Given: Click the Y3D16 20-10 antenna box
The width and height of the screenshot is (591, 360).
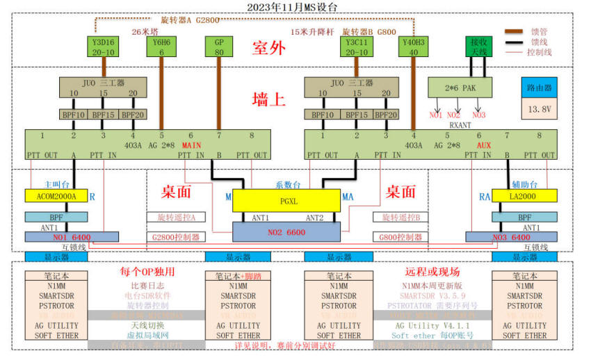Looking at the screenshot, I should coord(104,47).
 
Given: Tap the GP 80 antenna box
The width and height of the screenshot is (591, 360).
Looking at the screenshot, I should coord(218,47).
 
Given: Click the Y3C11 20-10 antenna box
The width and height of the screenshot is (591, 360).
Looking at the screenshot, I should coord(357,47).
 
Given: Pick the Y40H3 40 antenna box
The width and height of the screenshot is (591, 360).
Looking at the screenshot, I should coord(415,47).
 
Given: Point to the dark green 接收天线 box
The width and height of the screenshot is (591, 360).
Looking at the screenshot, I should coord(479,47).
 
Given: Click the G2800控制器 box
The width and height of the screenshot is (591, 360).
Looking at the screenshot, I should coord(176,237).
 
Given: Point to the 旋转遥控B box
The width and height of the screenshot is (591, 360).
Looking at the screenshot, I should coord(401,218).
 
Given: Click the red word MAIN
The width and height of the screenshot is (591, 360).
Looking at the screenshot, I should coord(192,145).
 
